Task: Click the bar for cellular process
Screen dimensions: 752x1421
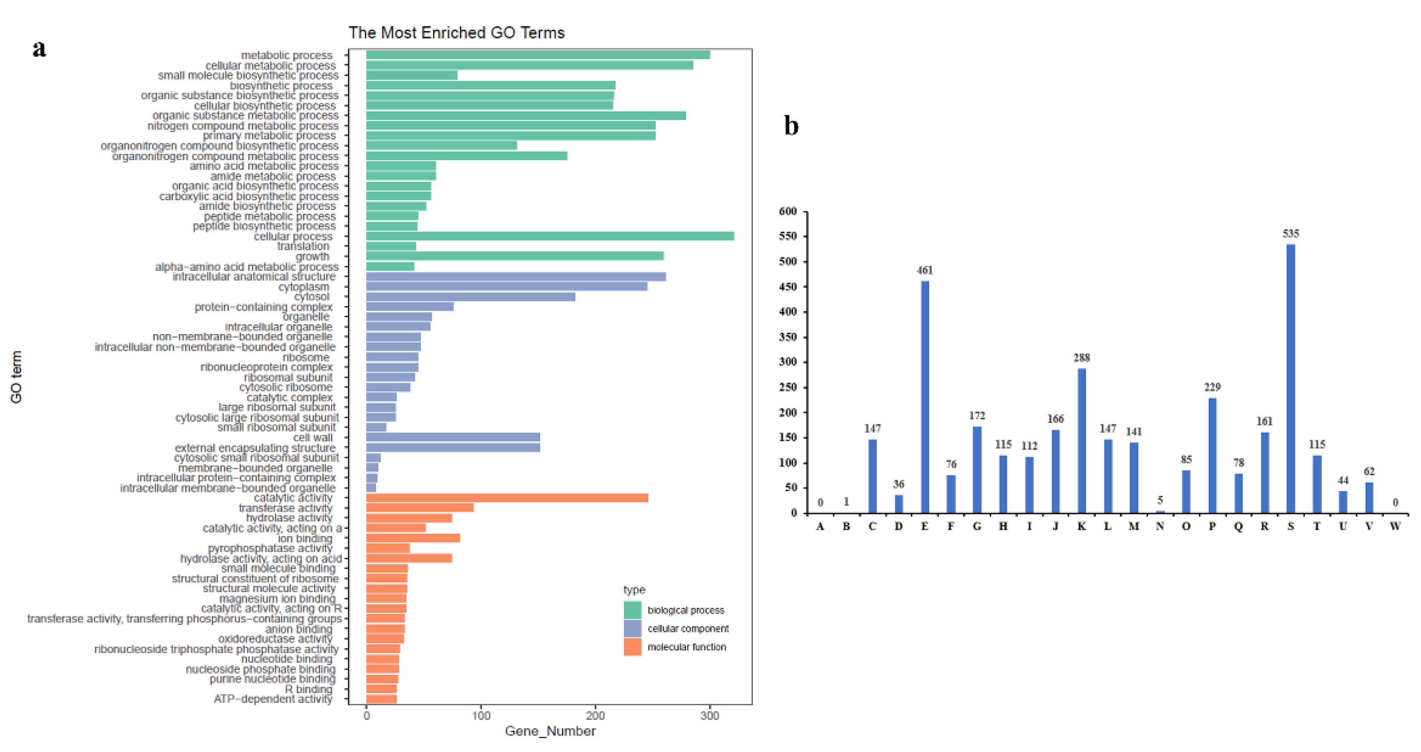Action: pyautogui.click(x=549, y=236)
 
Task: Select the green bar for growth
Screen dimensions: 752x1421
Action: pyautogui.click(x=514, y=256)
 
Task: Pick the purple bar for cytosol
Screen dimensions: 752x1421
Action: pyautogui.click(x=470, y=297)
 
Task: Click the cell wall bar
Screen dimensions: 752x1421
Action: pyautogui.click(x=452, y=438)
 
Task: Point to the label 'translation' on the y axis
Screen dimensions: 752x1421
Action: pyautogui.click(x=303, y=246)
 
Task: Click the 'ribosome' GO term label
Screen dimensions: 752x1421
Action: pyautogui.click(x=306, y=357)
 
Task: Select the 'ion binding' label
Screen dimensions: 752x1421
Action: pyautogui.click(x=305, y=538)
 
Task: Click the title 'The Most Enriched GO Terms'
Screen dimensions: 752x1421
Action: pyautogui.click(x=456, y=33)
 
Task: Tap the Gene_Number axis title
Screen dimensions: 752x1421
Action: pyautogui.click(x=550, y=731)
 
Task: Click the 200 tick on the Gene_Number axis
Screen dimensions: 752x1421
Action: pyautogui.click(x=595, y=715)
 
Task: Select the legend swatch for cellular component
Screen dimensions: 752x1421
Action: pyautogui.click(x=632, y=628)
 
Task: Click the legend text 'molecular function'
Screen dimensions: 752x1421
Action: pyautogui.click(x=686, y=647)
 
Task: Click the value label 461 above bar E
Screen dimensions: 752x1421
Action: pyautogui.click(x=925, y=270)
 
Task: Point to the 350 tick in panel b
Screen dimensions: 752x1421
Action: pyautogui.click(x=788, y=337)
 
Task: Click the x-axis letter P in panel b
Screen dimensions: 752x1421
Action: pyautogui.click(x=1212, y=526)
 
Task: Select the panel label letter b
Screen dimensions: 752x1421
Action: pyautogui.click(x=791, y=126)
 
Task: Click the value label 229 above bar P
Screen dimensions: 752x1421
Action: pyautogui.click(x=1212, y=387)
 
